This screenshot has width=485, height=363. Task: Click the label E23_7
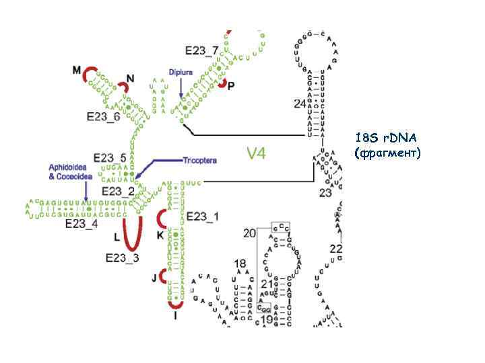tap(201, 50)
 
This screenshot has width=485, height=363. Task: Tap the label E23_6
tap(103, 116)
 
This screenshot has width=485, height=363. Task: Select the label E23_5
tap(110, 158)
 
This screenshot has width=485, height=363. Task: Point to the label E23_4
tap(82, 223)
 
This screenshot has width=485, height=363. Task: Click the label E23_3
tap(122, 257)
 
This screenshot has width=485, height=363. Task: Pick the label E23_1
tap(202, 216)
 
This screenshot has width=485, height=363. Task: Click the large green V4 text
tap(255, 154)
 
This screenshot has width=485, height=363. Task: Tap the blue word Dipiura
tap(181, 70)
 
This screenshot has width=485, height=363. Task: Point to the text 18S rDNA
tap(386, 138)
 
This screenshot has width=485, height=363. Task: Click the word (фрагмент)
tap(387, 153)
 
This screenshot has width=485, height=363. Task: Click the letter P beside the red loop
tap(231, 87)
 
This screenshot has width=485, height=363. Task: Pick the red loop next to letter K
tap(162, 219)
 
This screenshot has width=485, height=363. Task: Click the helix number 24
tap(299, 103)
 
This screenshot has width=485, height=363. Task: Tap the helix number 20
tap(249, 233)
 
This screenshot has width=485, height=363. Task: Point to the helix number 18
tap(240, 264)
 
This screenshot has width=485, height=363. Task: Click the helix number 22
tap(335, 249)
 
